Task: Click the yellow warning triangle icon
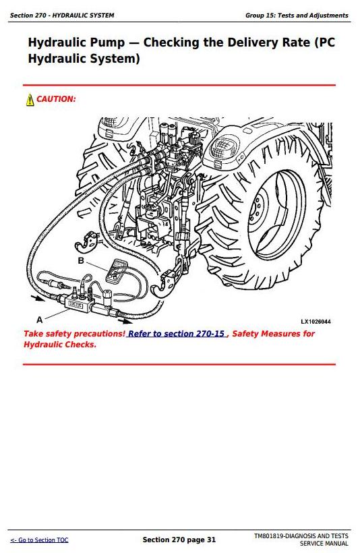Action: pos(30,99)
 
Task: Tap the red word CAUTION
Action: pos(56,99)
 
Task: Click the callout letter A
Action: pos(40,320)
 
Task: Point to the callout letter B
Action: pos(81,260)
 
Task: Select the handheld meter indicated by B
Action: pos(116,270)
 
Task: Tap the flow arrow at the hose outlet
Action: pos(125,321)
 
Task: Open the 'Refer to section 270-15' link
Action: pos(177,334)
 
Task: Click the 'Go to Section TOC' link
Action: pos(39,540)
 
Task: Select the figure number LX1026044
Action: pos(316,322)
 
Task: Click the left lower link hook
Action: pos(86,242)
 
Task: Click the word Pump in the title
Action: pos(108,42)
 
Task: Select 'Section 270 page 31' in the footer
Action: pos(179,540)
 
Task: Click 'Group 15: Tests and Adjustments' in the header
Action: pos(297,16)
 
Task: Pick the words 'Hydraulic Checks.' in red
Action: pos(60,345)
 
